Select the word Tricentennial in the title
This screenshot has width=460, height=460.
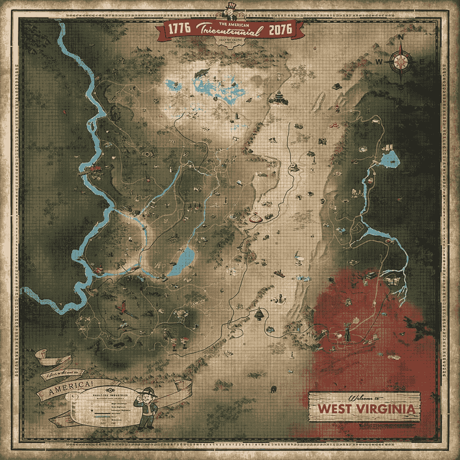(x=229, y=30)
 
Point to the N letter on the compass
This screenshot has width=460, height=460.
(x=401, y=37)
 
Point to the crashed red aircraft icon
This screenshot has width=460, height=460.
(x=123, y=305)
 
